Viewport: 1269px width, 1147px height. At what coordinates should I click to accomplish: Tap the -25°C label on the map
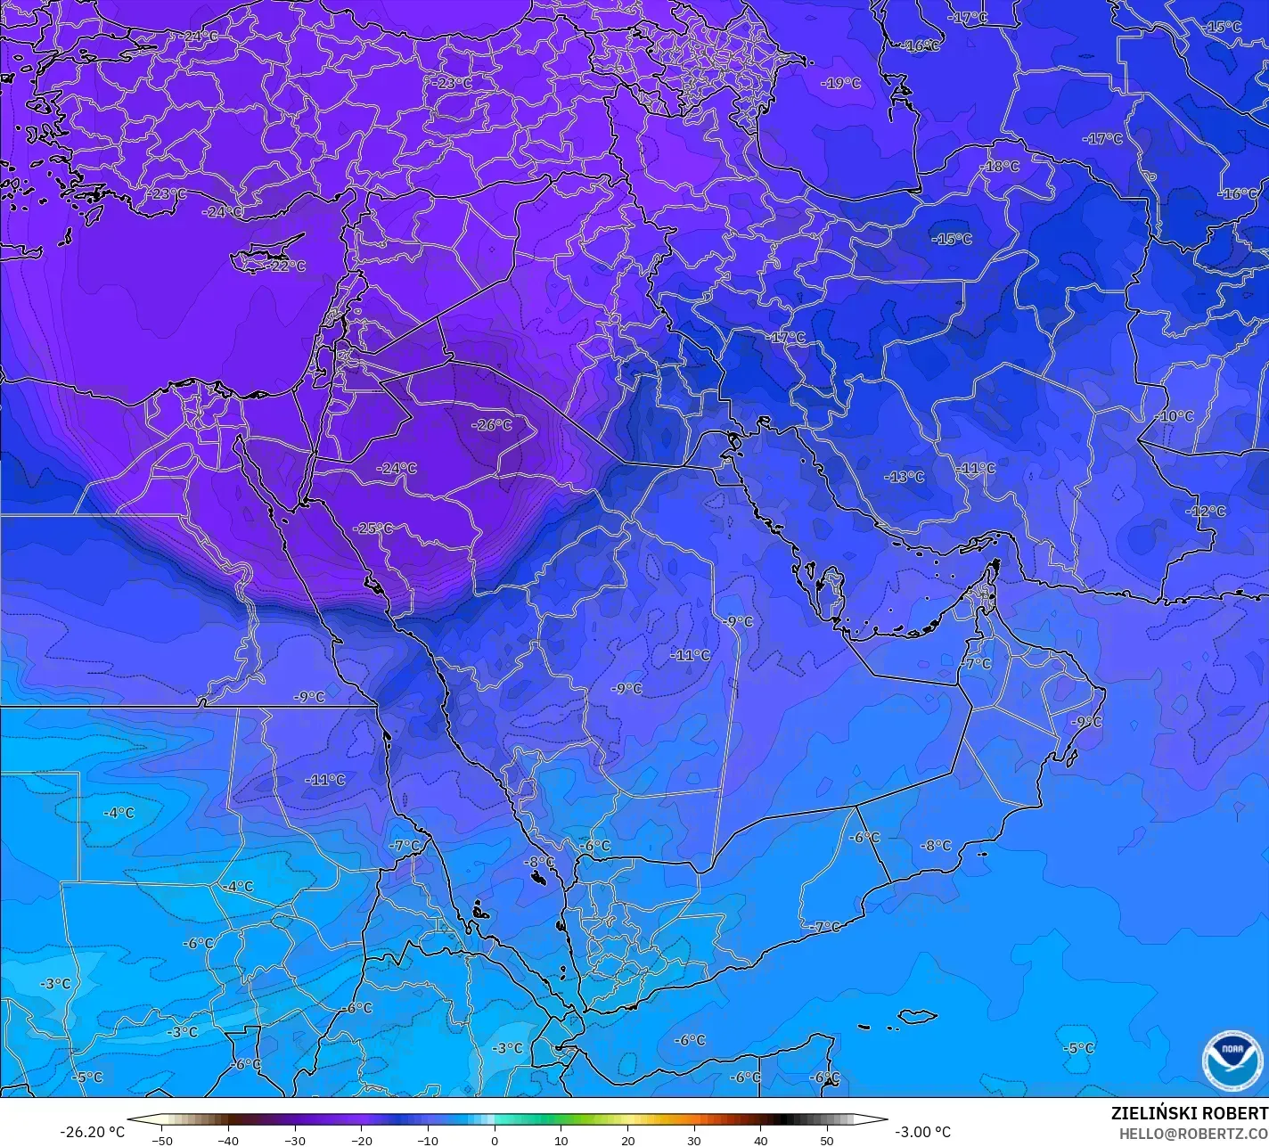click(373, 528)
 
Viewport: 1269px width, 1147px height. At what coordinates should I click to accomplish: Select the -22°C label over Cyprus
click(287, 266)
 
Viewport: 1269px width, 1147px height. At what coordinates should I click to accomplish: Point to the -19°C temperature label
click(841, 83)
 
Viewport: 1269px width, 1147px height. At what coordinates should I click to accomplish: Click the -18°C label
click(1000, 167)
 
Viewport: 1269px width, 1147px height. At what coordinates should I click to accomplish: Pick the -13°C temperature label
click(905, 477)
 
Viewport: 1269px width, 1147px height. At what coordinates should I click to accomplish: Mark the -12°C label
click(1207, 512)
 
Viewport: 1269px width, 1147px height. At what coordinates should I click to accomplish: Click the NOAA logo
click(1232, 1061)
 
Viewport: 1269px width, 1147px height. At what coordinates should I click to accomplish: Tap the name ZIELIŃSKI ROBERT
click(1189, 1114)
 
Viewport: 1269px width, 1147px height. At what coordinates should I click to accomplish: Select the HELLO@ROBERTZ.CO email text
click(1193, 1134)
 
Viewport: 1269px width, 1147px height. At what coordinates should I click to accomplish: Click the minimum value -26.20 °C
click(92, 1132)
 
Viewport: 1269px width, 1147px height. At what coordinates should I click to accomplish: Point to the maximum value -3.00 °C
click(922, 1132)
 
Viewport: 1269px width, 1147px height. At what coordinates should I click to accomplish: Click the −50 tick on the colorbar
click(161, 1140)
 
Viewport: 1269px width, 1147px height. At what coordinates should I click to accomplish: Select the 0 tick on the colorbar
click(495, 1140)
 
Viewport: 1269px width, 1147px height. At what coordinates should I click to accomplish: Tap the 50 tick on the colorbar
click(827, 1140)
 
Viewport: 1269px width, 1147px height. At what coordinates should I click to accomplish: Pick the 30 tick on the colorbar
click(694, 1140)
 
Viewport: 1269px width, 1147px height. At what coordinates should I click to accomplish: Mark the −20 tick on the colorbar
click(361, 1140)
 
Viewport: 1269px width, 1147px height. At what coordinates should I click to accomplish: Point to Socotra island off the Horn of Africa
click(918, 1016)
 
